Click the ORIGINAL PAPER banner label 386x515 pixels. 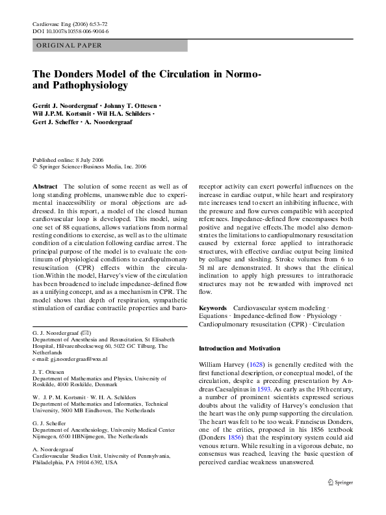[x=65, y=46]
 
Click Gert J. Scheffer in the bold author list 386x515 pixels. [x=54, y=122]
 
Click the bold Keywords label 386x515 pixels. [x=212, y=306]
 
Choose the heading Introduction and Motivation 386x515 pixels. [x=239, y=349]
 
